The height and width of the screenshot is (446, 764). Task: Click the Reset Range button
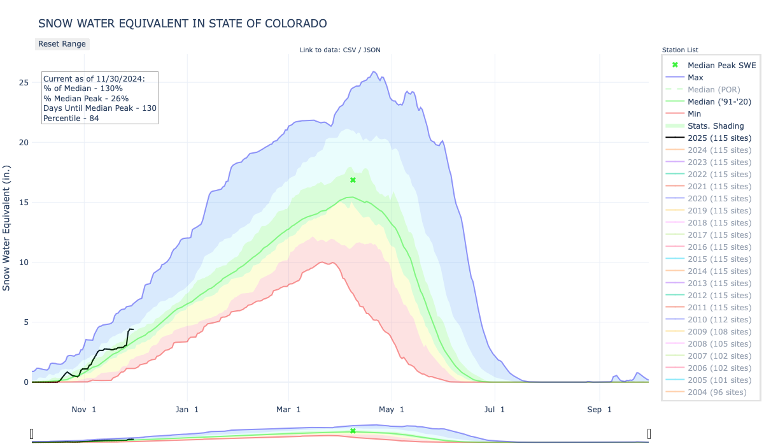(x=61, y=44)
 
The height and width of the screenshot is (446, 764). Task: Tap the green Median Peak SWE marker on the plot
(x=353, y=180)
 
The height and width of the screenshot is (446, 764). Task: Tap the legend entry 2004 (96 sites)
(x=717, y=392)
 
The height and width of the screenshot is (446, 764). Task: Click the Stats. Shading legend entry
(x=716, y=126)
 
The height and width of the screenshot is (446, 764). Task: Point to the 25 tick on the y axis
(x=24, y=83)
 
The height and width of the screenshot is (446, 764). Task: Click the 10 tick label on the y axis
(x=24, y=263)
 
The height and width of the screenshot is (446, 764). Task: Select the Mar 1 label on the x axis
(x=289, y=410)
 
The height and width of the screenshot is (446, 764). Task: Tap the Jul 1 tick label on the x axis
(x=494, y=410)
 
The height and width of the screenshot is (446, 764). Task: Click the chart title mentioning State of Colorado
(x=183, y=24)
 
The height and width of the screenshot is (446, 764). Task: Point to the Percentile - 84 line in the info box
(x=71, y=119)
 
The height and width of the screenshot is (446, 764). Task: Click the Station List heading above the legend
(x=680, y=50)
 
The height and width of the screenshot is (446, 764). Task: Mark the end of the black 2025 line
(x=132, y=329)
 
